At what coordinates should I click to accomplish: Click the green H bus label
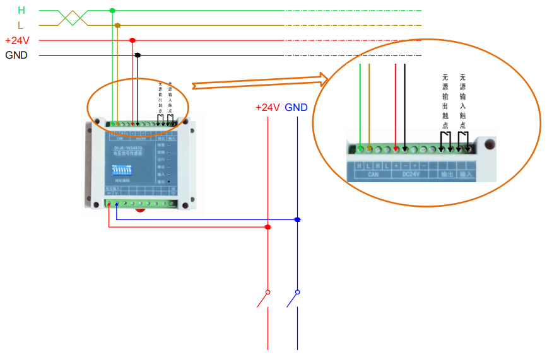pyautogui.click(x=21, y=10)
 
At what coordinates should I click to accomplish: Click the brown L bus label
pyautogui.click(x=21, y=25)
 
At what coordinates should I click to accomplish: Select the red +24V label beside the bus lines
pyautogui.click(x=17, y=40)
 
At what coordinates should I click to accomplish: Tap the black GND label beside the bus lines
pyautogui.click(x=16, y=55)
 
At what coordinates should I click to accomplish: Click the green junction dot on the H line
pyautogui.click(x=112, y=10)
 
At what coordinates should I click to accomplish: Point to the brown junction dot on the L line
pyautogui.click(x=117, y=25)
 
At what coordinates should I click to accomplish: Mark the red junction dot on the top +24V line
pyautogui.click(x=132, y=40)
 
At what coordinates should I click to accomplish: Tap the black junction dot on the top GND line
pyautogui.click(x=138, y=55)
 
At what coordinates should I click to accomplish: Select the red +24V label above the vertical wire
pyautogui.click(x=268, y=107)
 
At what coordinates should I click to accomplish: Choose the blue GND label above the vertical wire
pyautogui.click(x=297, y=107)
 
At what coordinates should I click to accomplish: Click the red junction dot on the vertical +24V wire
pyautogui.click(x=268, y=226)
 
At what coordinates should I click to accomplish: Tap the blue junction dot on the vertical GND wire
pyautogui.click(x=297, y=219)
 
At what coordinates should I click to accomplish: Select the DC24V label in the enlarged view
pyautogui.click(x=411, y=175)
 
